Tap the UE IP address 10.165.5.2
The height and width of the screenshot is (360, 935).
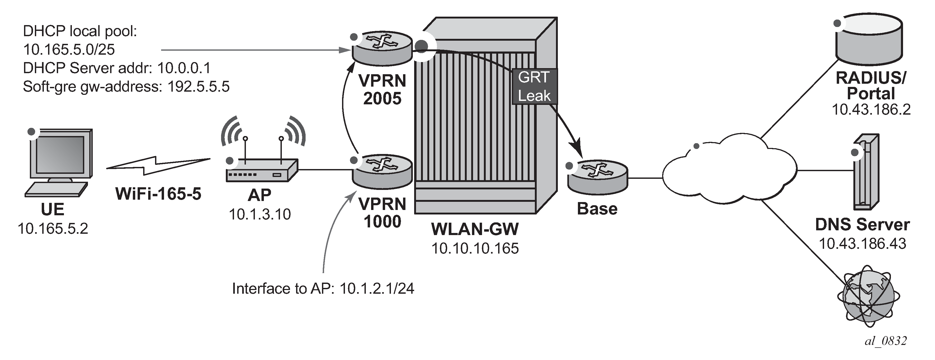[x=53, y=229]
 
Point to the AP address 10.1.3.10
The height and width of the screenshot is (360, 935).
[x=260, y=214]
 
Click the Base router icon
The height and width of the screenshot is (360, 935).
[x=597, y=178]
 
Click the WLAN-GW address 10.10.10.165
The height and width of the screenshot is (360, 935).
[x=475, y=249]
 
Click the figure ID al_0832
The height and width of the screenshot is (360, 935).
[x=886, y=341]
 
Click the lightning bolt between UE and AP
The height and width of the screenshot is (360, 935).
[x=158, y=166]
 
